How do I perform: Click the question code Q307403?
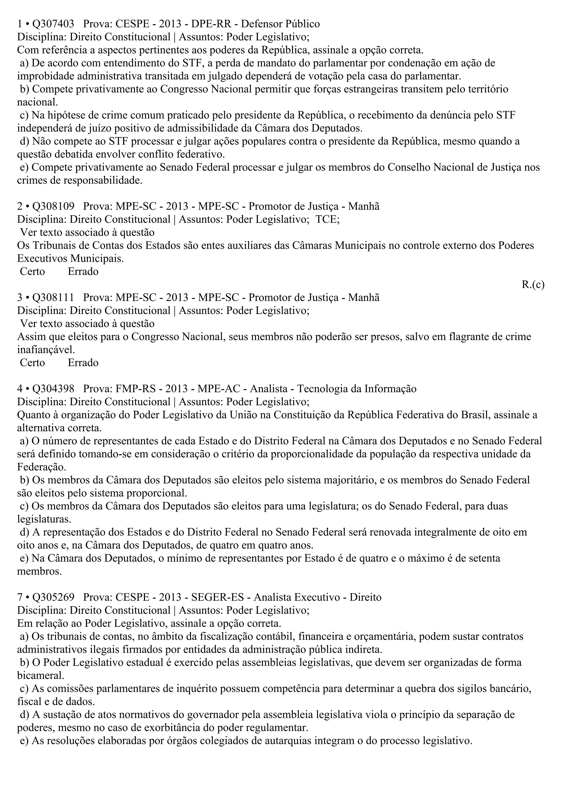point(53,24)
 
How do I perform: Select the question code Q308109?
point(53,206)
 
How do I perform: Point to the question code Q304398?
point(53,389)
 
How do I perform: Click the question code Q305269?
point(53,597)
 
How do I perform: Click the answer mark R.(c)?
point(533,285)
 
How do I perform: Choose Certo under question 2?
point(32,271)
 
